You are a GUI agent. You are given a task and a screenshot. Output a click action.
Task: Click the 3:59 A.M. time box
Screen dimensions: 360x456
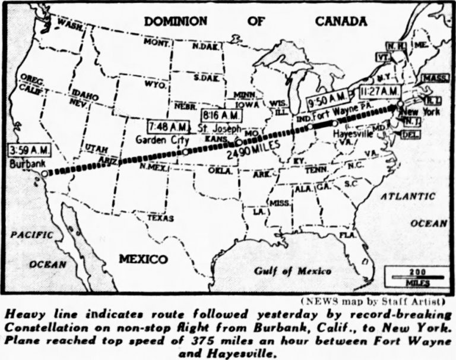[27, 150]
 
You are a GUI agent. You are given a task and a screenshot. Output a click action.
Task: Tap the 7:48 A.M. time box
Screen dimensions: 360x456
[168, 127]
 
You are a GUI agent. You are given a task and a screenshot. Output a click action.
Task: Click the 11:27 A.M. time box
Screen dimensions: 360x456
[381, 91]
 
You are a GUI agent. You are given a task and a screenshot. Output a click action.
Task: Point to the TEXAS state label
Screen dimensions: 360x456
[160, 218]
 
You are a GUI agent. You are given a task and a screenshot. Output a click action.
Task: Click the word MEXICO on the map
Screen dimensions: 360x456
[143, 259]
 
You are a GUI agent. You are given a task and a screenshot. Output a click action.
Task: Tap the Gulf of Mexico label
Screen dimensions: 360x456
[293, 271]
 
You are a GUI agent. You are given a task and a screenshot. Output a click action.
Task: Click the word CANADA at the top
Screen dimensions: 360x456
[341, 21]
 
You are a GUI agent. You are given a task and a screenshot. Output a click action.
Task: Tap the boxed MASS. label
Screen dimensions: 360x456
[435, 78]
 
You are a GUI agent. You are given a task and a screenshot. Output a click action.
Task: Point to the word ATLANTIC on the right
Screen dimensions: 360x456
[408, 197]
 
